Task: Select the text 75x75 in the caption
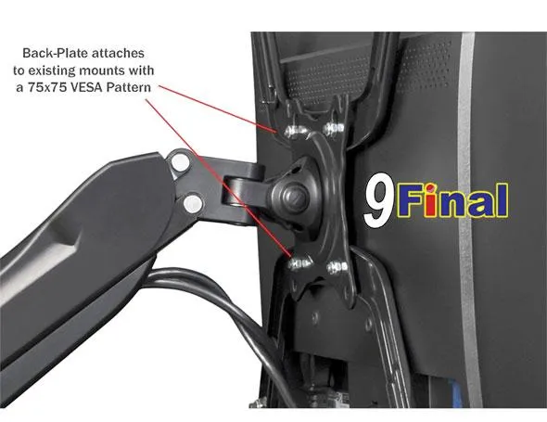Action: tap(47, 87)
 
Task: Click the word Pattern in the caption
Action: tap(129, 87)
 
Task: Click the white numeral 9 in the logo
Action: tap(378, 200)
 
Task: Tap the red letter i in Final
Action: tap(431, 200)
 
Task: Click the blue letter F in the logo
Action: tap(411, 200)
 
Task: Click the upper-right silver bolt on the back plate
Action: tap(334, 129)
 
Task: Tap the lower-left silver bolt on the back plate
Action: tap(299, 263)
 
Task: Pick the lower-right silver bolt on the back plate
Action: tap(337, 267)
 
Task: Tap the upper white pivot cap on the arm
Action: tap(181, 162)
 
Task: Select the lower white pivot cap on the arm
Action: tap(193, 204)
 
